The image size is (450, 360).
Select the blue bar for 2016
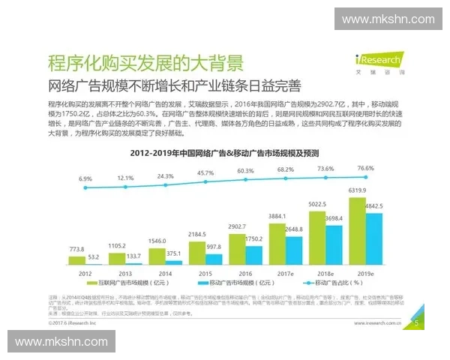coord(253,255)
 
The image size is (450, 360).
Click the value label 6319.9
coord(356,191)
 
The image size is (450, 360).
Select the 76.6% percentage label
coord(365,169)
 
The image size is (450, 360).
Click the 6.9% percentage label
coord(85,179)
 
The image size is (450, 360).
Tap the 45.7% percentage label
coord(205,173)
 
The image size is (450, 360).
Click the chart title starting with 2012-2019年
coord(225,152)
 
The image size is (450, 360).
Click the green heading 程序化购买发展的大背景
coord(145,61)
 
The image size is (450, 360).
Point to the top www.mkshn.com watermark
coord(388,19)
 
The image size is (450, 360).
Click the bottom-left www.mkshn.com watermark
coord(61,342)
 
